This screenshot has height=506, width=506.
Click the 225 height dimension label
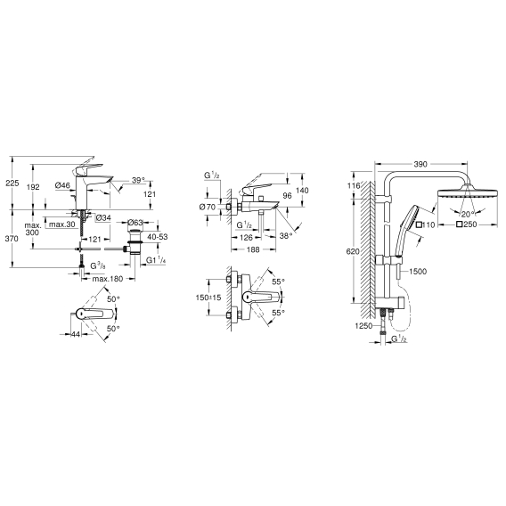coord(12,183)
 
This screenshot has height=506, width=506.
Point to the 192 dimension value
coord(33,187)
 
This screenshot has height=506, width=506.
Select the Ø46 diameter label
coord(62,185)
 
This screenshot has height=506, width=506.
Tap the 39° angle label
coord(138,180)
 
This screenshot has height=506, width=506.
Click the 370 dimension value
coord(12,239)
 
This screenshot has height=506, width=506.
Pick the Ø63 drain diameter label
coord(135,223)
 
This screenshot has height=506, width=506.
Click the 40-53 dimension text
coord(158,237)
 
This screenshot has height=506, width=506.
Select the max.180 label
coord(108,279)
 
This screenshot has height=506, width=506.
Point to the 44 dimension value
coord(76,334)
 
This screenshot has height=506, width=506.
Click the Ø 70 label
coord(208,208)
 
